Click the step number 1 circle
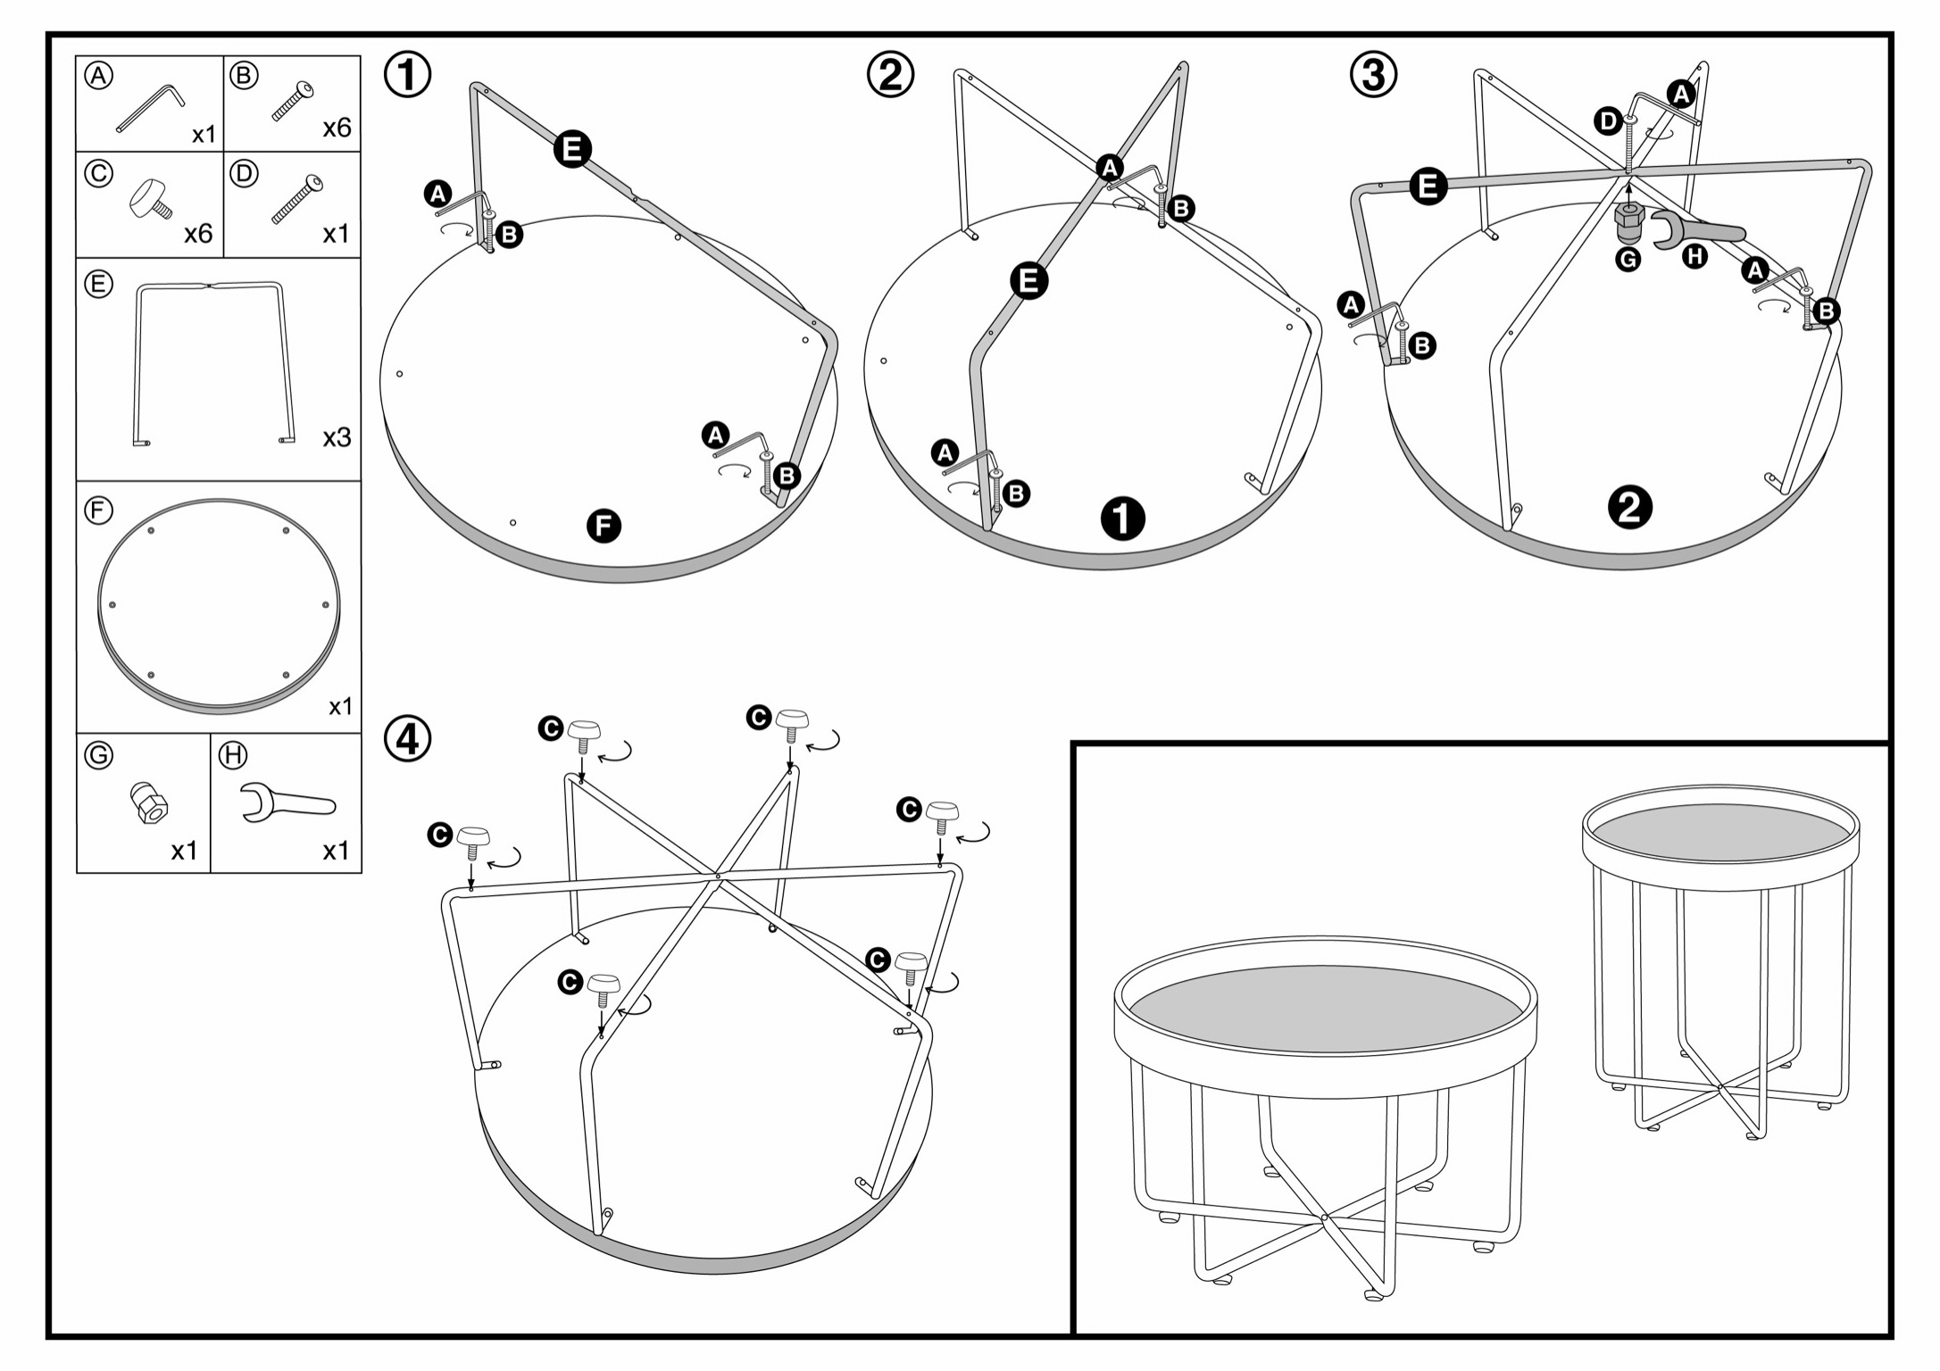click(x=407, y=75)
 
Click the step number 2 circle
click(x=890, y=75)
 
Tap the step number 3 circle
click(x=1373, y=75)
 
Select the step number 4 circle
click(x=407, y=739)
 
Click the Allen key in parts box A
click(x=150, y=107)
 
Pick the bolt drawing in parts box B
click(x=293, y=101)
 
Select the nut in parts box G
click(x=149, y=802)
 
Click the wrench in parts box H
click(x=287, y=802)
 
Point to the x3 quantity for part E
click(x=337, y=438)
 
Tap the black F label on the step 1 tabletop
click(x=604, y=526)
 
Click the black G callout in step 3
click(x=1628, y=259)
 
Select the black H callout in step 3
click(x=1694, y=257)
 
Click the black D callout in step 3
click(x=1608, y=121)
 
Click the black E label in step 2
click(x=1028, y=281)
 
